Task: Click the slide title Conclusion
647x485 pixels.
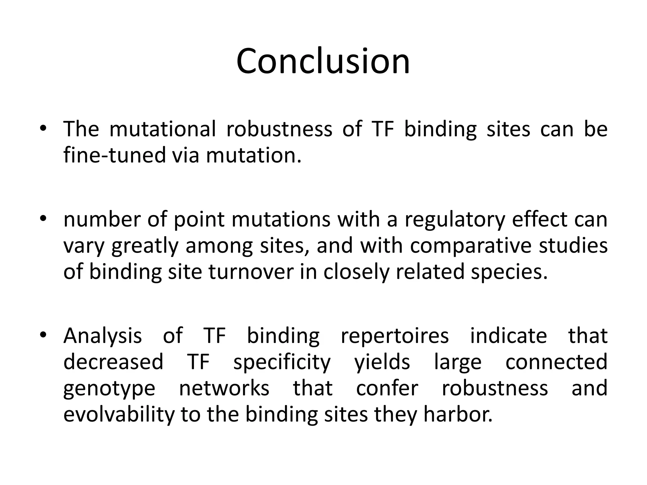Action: [x=323, y=61]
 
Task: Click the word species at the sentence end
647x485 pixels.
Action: [x=509, y=272]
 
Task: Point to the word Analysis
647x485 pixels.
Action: [x=102, y=336]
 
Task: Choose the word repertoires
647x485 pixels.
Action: [x=395, y=336]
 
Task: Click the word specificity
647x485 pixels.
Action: [x=281, y=362]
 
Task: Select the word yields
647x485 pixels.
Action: [x=382, y=362]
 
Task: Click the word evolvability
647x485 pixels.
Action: [x=118, y=415]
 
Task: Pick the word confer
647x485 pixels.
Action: [x=387, y=388]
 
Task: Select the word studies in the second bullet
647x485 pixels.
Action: [x=573, y=246]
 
